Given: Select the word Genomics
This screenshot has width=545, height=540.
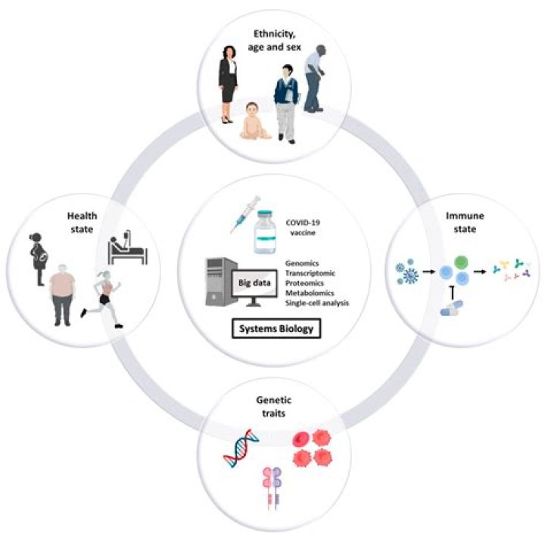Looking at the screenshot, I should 304,262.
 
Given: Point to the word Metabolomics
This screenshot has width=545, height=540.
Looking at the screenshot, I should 311,292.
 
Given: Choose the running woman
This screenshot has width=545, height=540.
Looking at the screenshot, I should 104,287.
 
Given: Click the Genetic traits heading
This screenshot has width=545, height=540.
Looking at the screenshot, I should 274,389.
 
